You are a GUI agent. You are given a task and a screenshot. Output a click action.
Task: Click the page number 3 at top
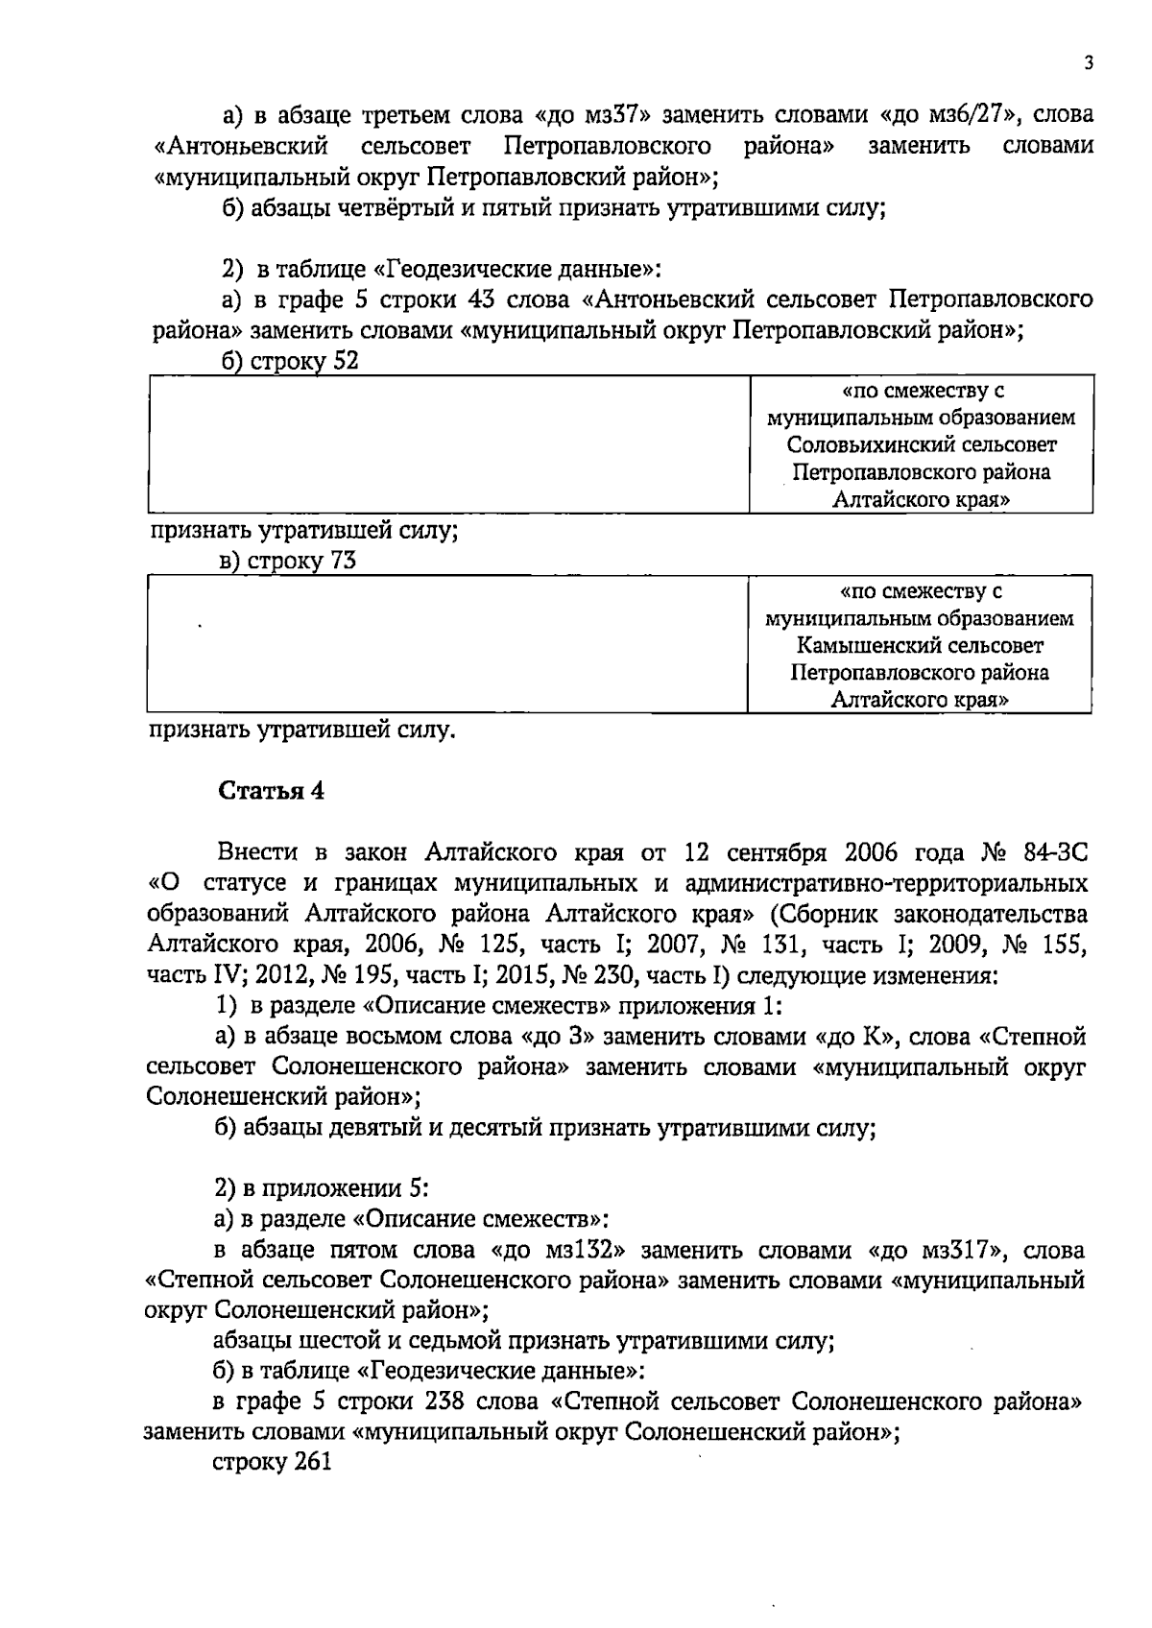point(1088,63)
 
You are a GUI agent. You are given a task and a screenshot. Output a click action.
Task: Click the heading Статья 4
point(272,791)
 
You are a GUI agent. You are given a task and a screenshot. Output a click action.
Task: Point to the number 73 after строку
point(343,562)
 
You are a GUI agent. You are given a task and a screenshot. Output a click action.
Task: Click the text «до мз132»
point(559,1252)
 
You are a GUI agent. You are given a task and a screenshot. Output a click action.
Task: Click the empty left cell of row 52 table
point(447,444)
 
